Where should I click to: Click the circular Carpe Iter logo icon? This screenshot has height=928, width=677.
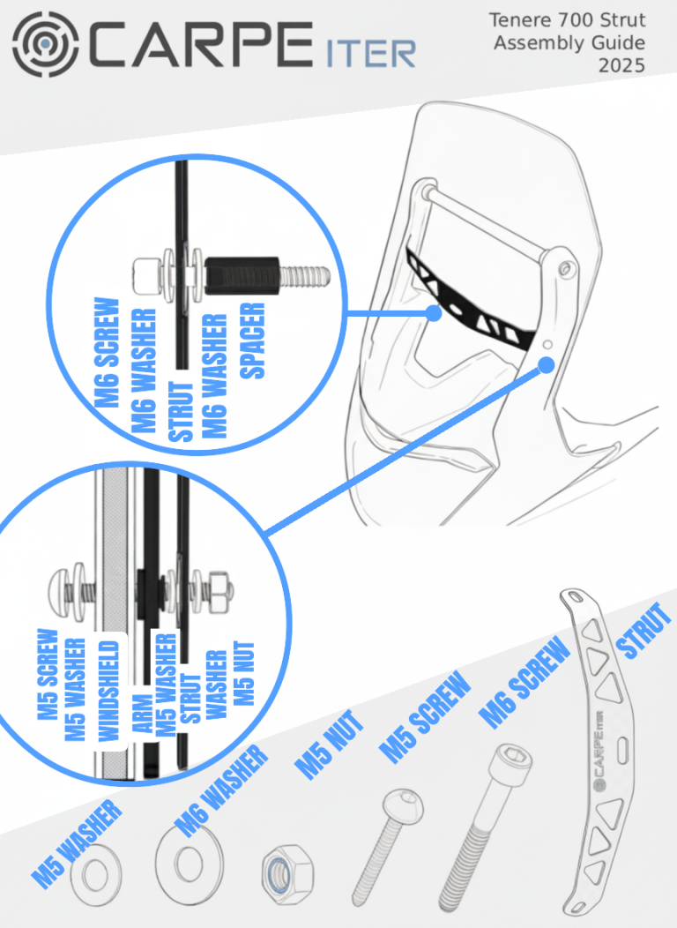tap(46, 44)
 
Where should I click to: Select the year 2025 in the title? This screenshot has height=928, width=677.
tap(621, 65)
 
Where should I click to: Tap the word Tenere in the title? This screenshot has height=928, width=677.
tap(516, 20)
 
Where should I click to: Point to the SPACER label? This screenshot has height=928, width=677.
tap(252, 341)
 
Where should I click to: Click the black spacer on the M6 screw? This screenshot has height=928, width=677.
tap(242, 275)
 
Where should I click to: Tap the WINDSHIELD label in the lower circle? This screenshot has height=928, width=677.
tap(109, 691)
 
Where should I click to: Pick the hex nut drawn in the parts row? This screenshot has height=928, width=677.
tap(287, 872)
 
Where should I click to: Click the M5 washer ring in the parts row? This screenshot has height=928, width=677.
tap(96, 875)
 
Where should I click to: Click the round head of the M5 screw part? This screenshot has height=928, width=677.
tap(403, 805)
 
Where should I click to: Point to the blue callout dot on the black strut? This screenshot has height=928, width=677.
tap(434, 313)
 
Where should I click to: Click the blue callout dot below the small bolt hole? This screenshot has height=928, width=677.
tap(547, 365)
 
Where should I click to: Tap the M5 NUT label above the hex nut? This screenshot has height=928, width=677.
tap(328, 745)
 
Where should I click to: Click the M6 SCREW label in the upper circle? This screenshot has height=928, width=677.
tap(108, 352)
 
